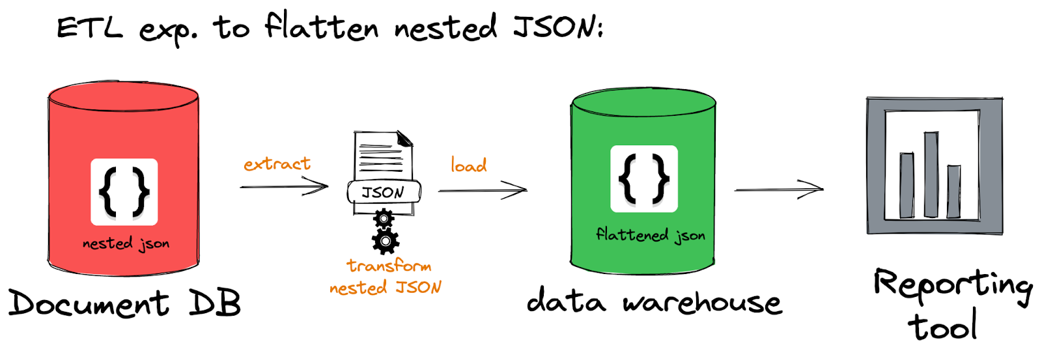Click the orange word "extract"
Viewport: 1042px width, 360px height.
pos(277,164)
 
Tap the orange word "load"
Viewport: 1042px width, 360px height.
pos(468,165)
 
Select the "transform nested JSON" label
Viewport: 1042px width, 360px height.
pos(386,277)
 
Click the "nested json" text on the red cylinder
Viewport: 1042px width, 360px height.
pos(126,243)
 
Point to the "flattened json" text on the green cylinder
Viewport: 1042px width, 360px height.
pos(650,234)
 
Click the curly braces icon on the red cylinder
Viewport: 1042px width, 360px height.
pos(124,191)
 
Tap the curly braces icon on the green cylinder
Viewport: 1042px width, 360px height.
pos(643,178)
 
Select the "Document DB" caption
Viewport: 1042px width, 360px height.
pos(124,303)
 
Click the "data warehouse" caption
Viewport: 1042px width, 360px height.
pos(654,302)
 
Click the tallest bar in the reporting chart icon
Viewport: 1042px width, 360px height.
pos(931,174)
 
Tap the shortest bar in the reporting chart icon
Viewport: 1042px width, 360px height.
pos(953,191)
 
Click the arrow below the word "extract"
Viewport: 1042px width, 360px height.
pos(284,187)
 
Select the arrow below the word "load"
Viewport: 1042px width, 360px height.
pos(482,190)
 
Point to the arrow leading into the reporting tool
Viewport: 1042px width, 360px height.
pos(779,189)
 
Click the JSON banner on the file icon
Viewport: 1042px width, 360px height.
pos(384,192)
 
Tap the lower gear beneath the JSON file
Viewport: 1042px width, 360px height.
pos(386,242)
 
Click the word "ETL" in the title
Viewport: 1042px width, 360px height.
pos(89,29)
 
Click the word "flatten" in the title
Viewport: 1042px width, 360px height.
pos(321,27)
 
